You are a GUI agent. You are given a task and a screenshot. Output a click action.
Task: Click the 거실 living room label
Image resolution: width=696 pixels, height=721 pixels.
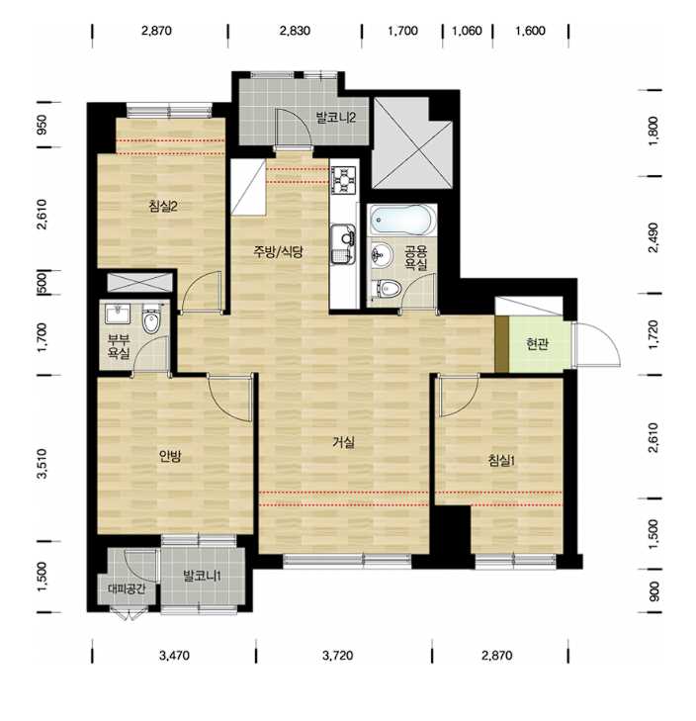[343, 442]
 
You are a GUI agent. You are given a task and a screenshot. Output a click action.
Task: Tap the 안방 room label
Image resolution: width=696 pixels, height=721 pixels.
[170, 456]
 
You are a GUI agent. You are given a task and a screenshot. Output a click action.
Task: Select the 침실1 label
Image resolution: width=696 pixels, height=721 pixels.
[501, 460]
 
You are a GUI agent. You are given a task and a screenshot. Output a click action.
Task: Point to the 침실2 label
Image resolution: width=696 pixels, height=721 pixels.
[163, 206]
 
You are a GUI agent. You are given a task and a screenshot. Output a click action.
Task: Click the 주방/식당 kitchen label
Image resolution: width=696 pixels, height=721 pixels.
[279, 251]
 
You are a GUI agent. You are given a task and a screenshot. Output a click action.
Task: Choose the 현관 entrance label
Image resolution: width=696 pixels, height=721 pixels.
[537, 343]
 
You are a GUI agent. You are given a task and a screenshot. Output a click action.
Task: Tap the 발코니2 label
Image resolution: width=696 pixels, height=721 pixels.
[335, 118]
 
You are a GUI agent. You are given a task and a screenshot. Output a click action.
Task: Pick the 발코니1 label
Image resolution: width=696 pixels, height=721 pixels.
[203, 576]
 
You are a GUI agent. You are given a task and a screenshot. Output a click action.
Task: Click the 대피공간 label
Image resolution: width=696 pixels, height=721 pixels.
[127, 588]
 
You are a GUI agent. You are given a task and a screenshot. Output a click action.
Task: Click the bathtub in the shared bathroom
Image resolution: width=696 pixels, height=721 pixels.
[402, 220]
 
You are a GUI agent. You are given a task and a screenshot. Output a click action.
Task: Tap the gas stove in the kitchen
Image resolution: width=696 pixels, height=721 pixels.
[344, 179]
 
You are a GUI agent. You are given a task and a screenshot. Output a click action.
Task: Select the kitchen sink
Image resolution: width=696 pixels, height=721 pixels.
[343, 243]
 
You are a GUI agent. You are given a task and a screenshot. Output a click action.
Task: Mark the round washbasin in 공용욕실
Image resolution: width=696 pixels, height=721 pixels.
[381, 254]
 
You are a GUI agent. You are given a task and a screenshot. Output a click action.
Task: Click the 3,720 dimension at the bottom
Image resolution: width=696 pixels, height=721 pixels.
[337, 656]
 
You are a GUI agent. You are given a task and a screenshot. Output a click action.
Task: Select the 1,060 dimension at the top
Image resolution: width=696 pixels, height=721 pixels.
[467, 31]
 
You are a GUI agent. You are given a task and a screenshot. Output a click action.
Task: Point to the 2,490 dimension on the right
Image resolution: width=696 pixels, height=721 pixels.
[652, 237]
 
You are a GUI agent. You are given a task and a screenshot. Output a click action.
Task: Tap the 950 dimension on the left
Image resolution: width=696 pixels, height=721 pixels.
[42, 125]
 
